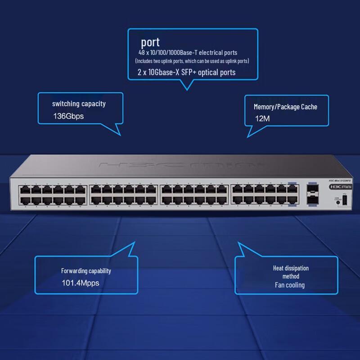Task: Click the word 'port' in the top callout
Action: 150,43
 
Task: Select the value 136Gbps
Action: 68,116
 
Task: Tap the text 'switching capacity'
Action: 79,104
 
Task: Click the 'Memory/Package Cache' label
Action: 285,107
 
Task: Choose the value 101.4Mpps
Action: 80,283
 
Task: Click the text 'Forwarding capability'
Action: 86,271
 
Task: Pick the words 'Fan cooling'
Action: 290,285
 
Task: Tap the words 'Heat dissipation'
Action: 291,268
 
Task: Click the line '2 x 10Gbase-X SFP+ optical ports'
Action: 186,72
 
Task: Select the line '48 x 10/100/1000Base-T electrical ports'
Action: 188,53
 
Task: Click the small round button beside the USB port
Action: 337,203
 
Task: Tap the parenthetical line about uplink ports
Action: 192,61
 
